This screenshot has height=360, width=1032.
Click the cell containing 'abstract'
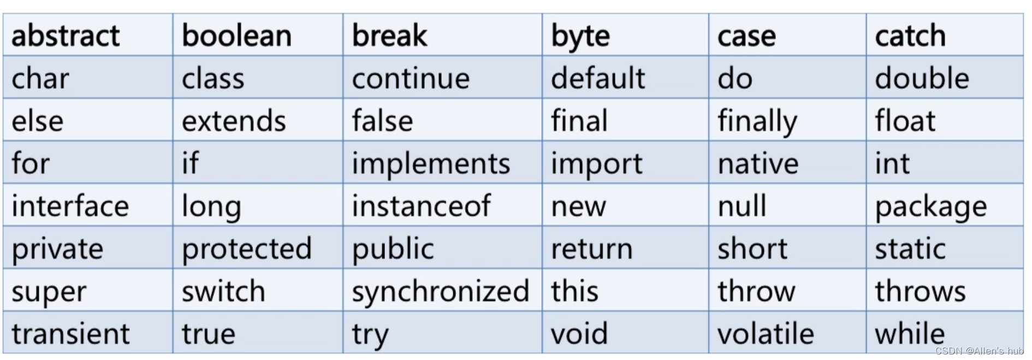coord(66,36)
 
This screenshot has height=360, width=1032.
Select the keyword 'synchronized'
coord(440,291)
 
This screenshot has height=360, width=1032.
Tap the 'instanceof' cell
coord(421,206)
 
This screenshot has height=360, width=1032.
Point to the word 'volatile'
coord(766,334)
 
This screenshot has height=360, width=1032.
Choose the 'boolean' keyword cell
coord(236,36)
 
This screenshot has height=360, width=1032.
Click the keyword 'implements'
coord(431,163)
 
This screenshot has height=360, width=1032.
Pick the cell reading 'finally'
coord(757,121)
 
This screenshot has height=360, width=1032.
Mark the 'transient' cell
coord(71,334)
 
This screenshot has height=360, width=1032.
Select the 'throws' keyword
coord(920,291)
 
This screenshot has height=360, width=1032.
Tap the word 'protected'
coord(247,249)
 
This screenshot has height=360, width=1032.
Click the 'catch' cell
coord(910,36)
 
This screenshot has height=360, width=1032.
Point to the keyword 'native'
coord(758,163)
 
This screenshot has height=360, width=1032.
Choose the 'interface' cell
coord(70,206)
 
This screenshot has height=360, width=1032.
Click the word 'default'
coord(598,79)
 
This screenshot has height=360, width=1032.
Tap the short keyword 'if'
coord(190,163)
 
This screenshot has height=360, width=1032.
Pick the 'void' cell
coord(579,334)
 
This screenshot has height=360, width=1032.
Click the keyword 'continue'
coord(411,79)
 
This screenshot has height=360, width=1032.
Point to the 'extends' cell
coord(234,121)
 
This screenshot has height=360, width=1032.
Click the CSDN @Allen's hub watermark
coord(979,351)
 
